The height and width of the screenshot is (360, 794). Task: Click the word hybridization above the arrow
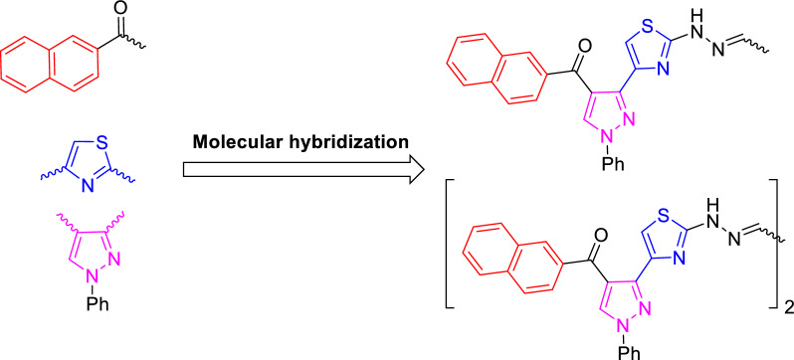(345, 143)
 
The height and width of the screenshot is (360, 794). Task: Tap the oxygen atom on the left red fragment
(120, 14)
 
